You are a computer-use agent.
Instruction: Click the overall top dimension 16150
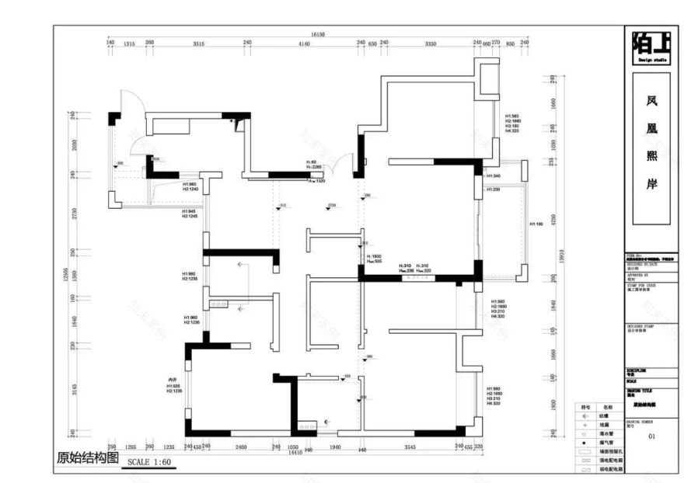[316, 35]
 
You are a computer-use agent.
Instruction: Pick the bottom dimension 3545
[410, 447]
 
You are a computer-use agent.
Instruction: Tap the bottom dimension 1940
[334, 447]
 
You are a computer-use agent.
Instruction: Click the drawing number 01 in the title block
[651, 436]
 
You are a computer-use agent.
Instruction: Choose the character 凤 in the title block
[651, 100]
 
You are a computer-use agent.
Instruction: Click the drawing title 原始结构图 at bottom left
[85, 458]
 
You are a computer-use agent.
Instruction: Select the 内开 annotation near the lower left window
[173, 380]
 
